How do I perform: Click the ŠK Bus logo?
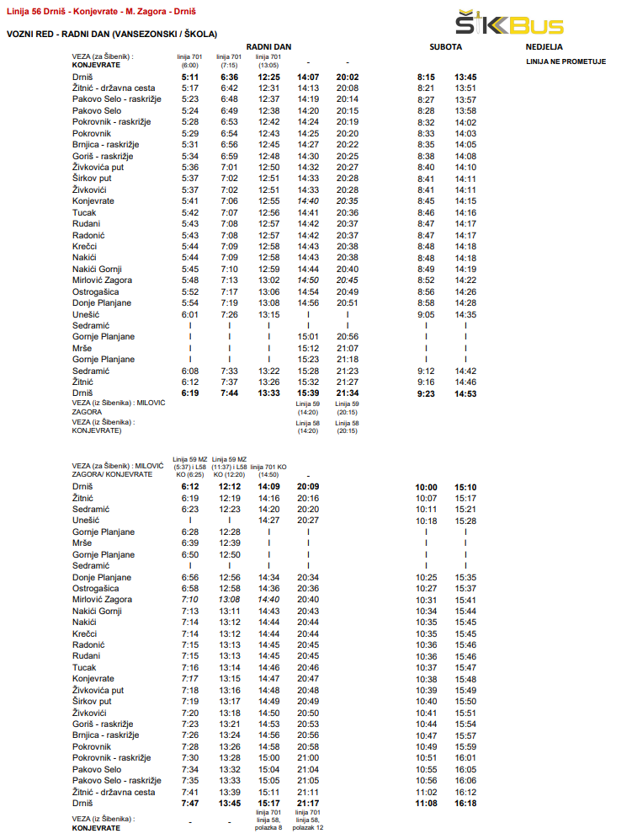508,23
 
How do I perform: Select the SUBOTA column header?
445,47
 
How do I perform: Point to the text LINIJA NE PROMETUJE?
566,61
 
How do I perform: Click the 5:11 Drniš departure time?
189,77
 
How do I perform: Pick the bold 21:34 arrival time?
348,393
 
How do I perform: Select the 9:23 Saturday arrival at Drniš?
426,393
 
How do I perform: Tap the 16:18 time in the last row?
465,804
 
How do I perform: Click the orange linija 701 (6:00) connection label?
189,61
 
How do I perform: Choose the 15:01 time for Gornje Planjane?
308,336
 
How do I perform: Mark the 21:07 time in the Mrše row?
348,348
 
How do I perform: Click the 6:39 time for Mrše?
189,543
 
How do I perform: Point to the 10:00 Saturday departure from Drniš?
427,487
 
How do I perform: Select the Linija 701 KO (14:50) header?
269,469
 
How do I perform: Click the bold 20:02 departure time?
348,77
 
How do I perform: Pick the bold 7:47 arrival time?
189,804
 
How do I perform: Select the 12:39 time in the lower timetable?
230,543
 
